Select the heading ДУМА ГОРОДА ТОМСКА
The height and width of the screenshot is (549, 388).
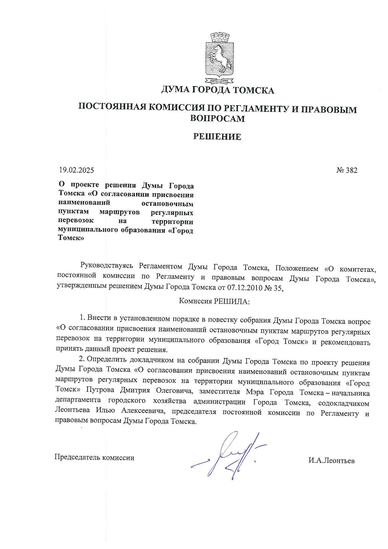pyautogui.click(x=217, y=91)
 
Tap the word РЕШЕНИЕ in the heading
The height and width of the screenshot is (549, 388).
pyautogui.click(x=217, y=137)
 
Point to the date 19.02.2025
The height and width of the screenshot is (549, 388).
pyautogui.click(x=76, y=170)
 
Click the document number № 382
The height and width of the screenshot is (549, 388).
pyautogui.click(x=347, y=170)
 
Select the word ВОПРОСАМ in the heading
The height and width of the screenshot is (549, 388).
pyautogui.click(x=217, y=119)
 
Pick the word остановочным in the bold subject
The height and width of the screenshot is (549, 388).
pyautogui.click(x=167, y=204)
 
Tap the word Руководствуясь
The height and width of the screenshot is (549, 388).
pyautogui.click(x=107, y=266)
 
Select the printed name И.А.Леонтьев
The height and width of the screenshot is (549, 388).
pyautogui.click(x=331, y=460)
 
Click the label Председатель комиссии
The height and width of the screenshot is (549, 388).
pyautogui.click(x=94, y=457)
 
